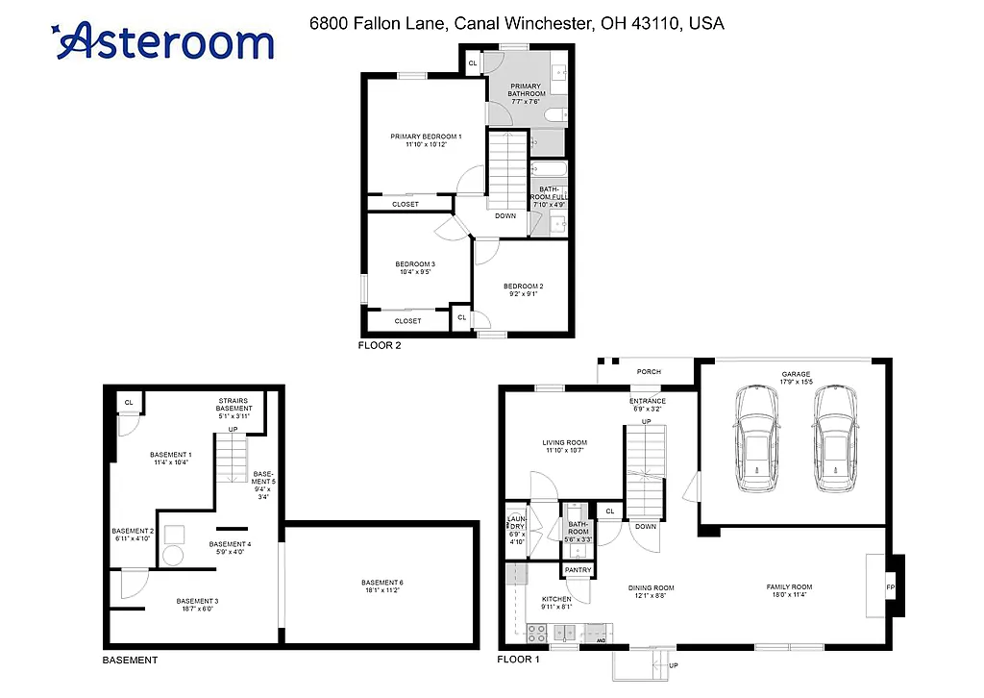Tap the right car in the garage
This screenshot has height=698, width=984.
point(833,439)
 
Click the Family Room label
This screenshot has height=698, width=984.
point(789,586)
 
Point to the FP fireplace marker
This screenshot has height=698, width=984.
point(890,586)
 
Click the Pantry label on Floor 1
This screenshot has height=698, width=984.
point(578,570)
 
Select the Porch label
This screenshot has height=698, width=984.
point(650,372)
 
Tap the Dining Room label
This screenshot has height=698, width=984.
point(651,587)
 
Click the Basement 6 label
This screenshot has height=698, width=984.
point(381,583)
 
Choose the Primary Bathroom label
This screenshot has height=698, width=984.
point(526,89)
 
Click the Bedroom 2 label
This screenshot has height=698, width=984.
point(524,287)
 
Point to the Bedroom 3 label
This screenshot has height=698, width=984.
point(415,264)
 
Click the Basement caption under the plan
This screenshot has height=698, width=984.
point(130,661)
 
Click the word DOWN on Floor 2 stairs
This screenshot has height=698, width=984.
point(505,215)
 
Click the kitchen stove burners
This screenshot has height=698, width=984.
point(537,632)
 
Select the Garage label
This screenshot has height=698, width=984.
point(797,374)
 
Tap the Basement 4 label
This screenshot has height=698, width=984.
point(231,544)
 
